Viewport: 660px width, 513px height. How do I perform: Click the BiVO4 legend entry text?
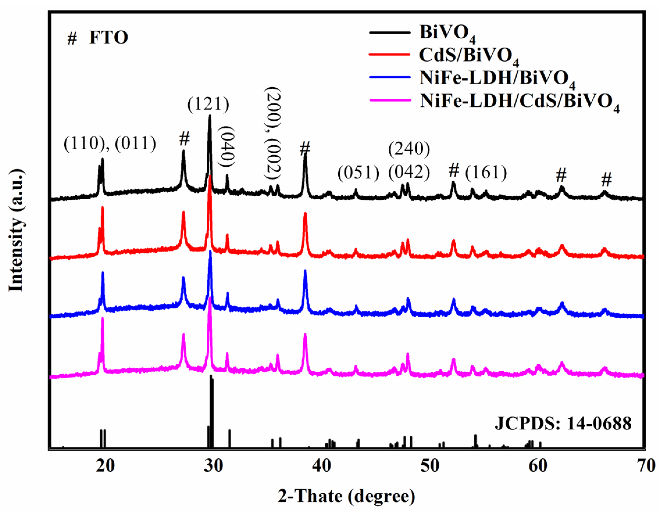tap(447, 33)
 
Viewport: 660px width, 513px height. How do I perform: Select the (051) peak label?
tap(358, 173)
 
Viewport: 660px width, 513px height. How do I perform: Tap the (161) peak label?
tap(486, 173)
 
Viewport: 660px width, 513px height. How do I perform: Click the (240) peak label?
tap(409, 149)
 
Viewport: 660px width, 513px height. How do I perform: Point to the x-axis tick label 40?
tap(321, 466)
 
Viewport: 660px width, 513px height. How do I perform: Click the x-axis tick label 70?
tap(646, 466)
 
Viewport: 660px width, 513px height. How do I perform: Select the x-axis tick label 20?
tap(106, 466)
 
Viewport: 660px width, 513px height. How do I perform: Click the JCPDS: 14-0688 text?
tap(563, 424)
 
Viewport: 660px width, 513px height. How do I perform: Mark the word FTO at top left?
tap(108, 38)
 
